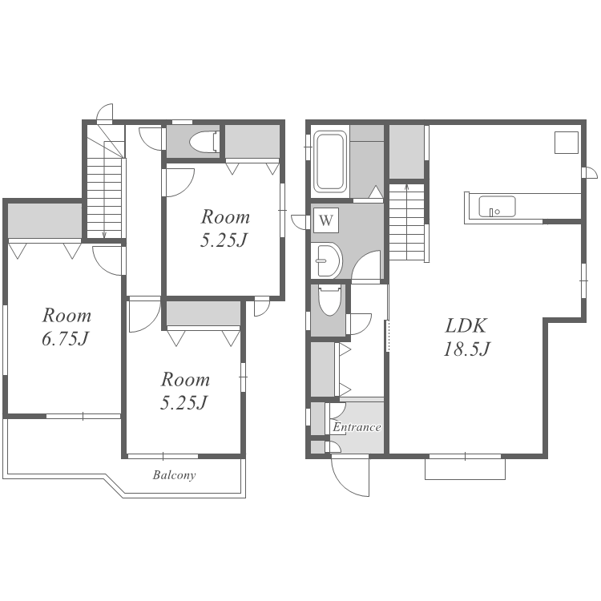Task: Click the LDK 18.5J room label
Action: [x=466, y=337]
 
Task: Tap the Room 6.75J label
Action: [x=67, y=327]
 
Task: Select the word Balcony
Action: [x=174, y=475]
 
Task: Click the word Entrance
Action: [x=357, y=427]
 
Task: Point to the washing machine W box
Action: [x=326, y=220]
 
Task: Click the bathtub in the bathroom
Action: [x=330, y=161]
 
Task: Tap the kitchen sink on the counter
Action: [x=497, y=207]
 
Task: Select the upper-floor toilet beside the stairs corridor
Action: [x=204, y=142]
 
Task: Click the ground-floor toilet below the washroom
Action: [x=329, y=300]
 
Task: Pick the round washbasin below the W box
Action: [x=329, y=260]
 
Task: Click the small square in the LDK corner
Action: [x=567, y=143]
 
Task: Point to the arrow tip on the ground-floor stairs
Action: [x=406, y=186]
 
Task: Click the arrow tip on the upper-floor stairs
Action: [x=104, y=236]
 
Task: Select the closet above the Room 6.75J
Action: [x=45, y=221]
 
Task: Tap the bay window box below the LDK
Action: [x=465, y=469]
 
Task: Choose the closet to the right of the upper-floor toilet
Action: [x=252, y=141]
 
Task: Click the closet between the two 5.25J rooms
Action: [x=204, y=313]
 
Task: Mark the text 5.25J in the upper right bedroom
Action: [x=224, y=240]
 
